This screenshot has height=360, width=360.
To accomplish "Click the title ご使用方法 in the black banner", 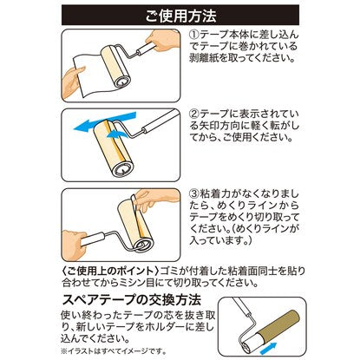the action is click(x=180, y=16).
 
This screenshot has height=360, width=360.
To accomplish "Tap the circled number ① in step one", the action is click(x=194, y=35).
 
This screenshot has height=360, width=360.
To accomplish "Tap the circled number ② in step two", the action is click(x=194, y=114).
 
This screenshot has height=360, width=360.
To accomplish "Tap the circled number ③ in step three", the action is click(x=194, y=193).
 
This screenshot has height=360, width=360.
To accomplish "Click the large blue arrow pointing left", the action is click(x=104, y=121).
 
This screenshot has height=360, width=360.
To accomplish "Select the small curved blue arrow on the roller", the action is click(x=116, y=134).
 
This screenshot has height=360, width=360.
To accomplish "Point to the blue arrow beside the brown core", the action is click(x=268, y=348).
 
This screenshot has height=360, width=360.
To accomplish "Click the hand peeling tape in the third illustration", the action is click(x=154, y=198).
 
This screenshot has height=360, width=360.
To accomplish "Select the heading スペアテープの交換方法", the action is click(x=132, y=300).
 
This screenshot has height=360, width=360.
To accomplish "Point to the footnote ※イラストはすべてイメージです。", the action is click(x=114, y=351).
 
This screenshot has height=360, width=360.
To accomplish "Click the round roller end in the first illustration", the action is click(x=122, y=82).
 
